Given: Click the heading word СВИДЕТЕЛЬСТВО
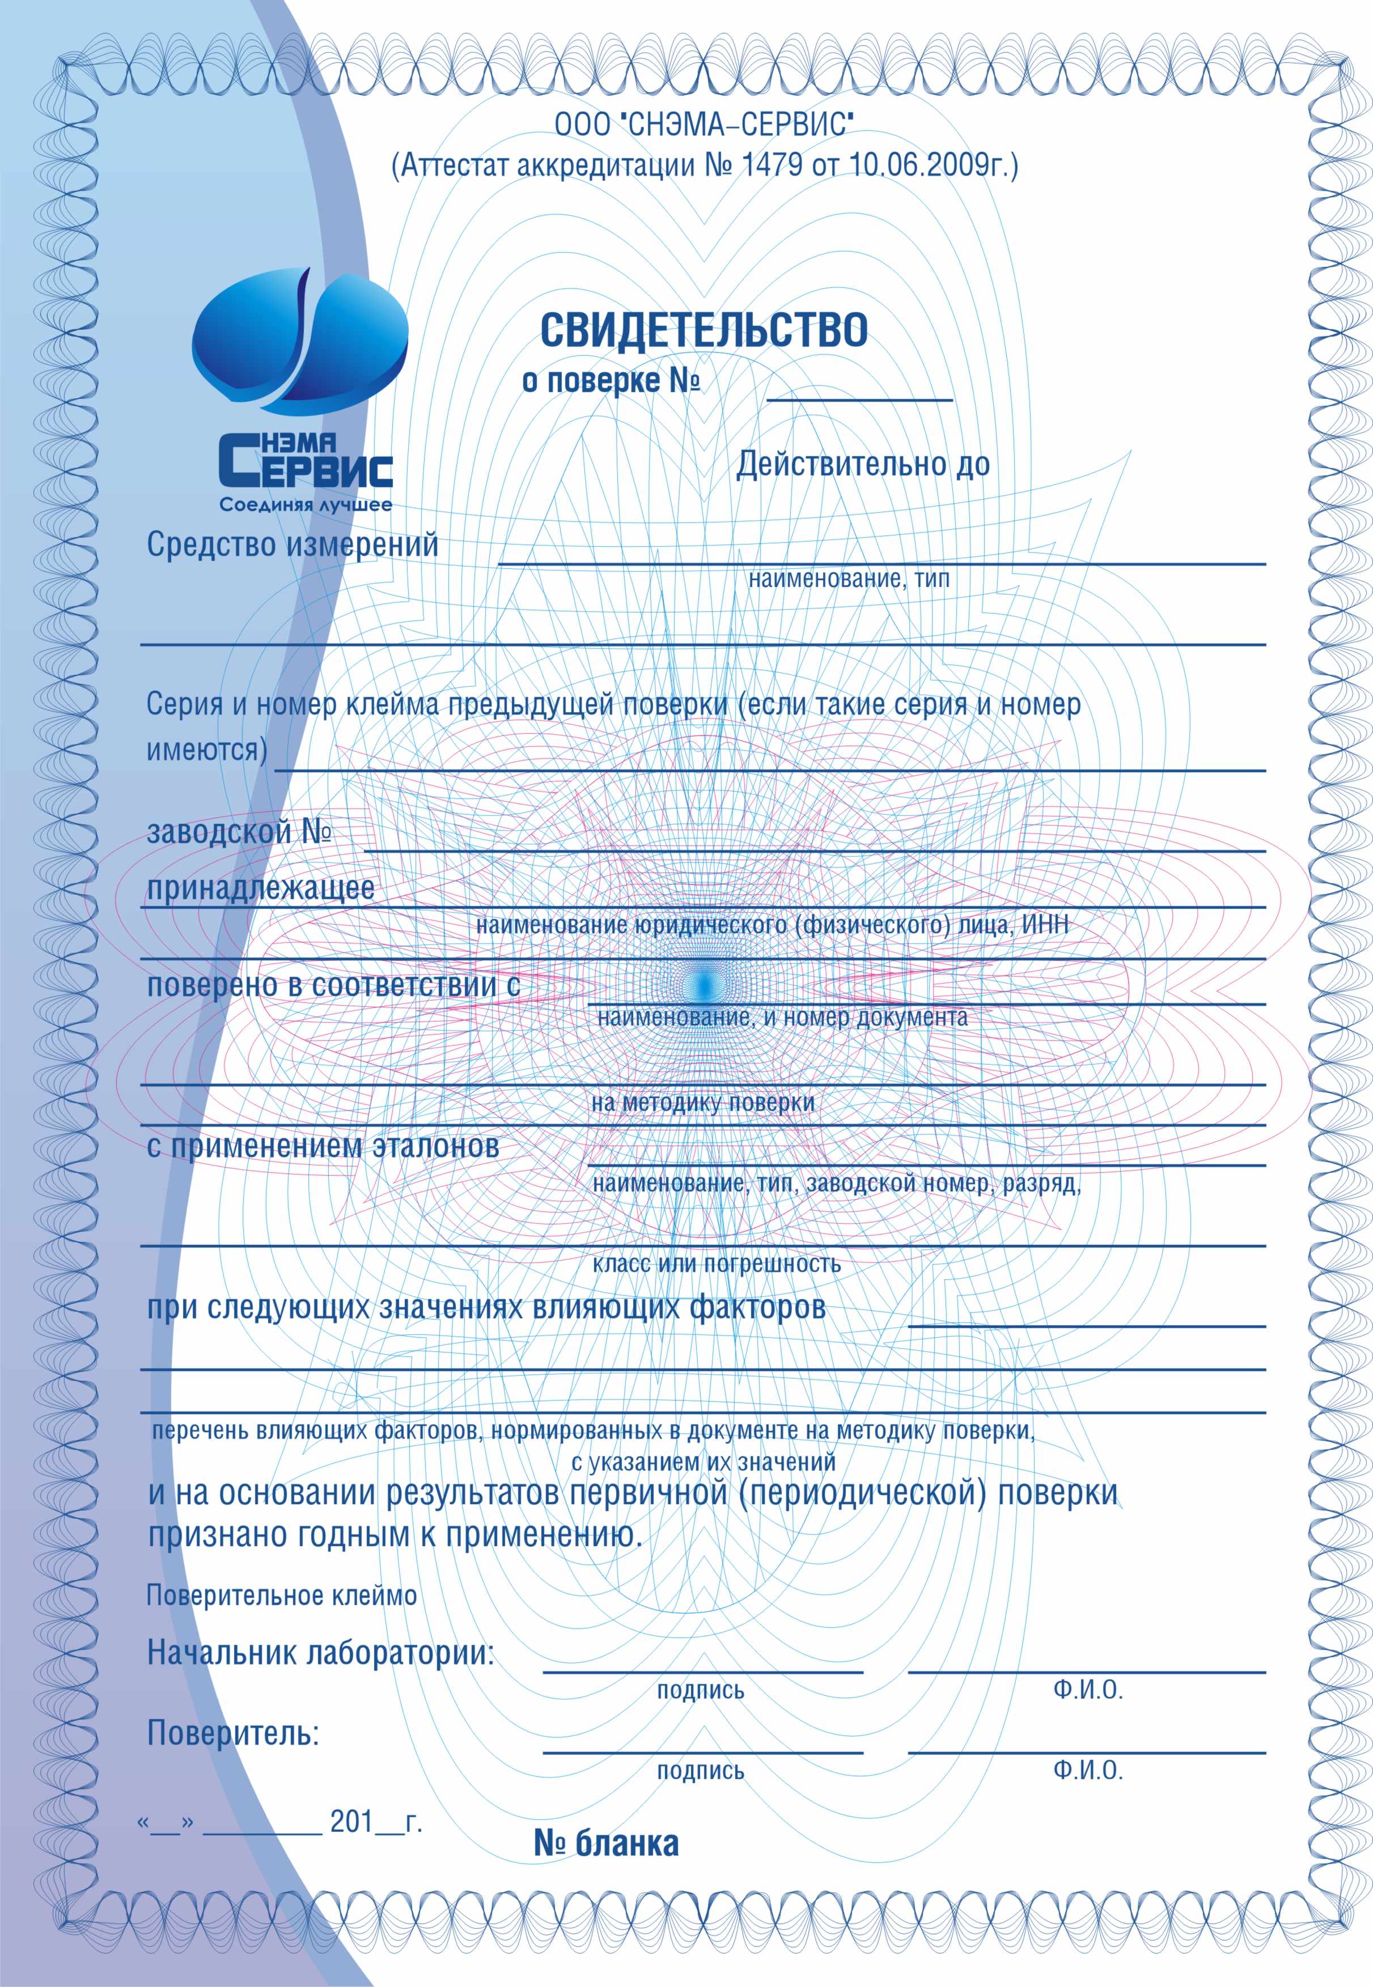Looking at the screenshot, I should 704,330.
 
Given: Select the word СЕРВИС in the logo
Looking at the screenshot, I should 306,469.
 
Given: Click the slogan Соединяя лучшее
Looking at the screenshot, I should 306,505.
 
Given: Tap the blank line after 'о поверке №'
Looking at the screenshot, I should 859,397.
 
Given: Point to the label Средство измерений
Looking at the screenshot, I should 293,545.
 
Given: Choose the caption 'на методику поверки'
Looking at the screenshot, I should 703,1103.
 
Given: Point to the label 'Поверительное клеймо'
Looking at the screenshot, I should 281,1596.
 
